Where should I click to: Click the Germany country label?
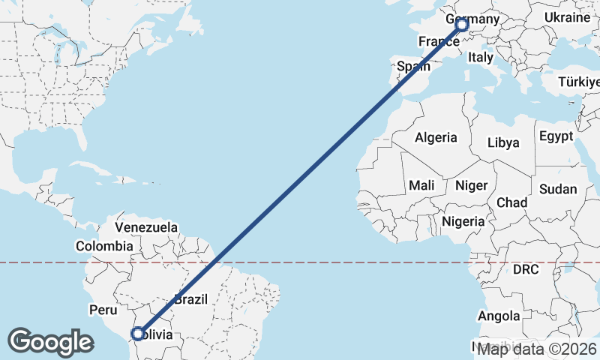click(472, 19)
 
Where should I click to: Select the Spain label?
click(413, 66)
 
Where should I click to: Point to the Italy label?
click(480, 57)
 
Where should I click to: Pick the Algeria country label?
click(436, 137)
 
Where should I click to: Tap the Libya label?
click(503, 142)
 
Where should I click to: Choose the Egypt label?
click(556, 136)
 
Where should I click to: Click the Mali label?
click(421, 185)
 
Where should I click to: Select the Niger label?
click(472, 185)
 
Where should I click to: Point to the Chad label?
click(511, 202)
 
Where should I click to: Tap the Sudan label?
click(557, 189)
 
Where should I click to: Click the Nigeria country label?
click(463, 221)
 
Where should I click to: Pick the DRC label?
click(526, 268)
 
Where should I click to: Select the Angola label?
click(499, 316)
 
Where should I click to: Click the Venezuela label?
click(146, 226)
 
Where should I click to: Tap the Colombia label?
click(104, 245)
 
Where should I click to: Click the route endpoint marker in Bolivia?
click(138, 333)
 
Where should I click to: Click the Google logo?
click(50, 342)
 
